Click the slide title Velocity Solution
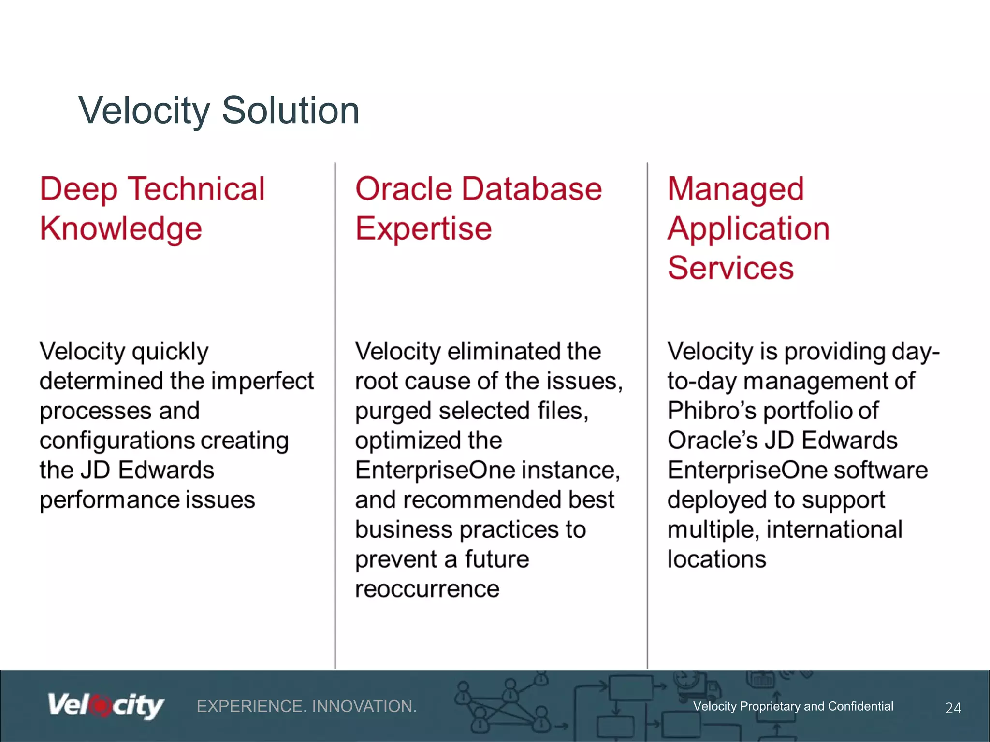point(218,111)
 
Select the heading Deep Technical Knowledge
point(152,208)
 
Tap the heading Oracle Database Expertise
point(478,208)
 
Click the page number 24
point(953,708)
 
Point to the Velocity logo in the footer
point(106,706)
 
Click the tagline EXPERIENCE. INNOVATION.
point(306,706)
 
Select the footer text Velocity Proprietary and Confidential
point(793,706)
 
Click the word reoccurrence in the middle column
point(427,589)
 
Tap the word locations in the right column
point(716,559)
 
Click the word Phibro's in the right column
point(712,411)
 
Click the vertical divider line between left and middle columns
point(335,415)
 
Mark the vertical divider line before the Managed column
point(647,415)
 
